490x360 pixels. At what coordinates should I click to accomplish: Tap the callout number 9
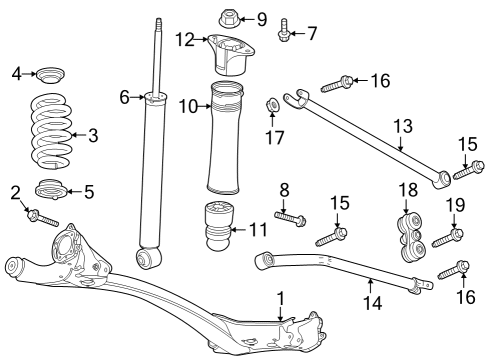pyautogui.click(x=262, y=18)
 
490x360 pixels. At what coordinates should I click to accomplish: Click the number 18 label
pyautogui.click(x=408, y=190)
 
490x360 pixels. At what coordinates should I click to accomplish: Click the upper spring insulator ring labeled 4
pyautogui.click(x=50, y=74)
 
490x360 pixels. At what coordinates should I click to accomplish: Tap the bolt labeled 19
pyautogui.click(x=444, y=238)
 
